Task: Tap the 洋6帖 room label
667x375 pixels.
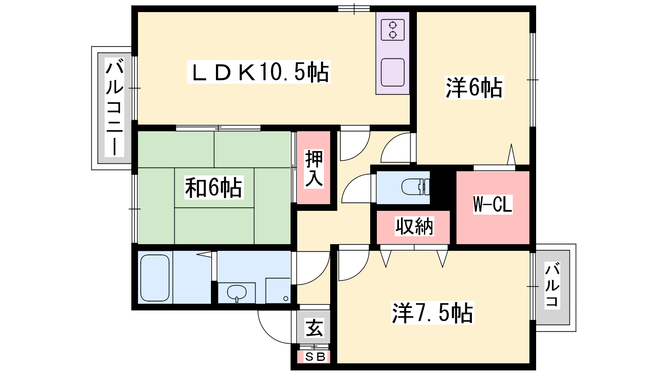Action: pyautogui.click(x=474, y=87)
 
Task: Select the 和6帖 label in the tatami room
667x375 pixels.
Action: pyautogui.click(x=213, y=187)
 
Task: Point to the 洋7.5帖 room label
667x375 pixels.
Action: pyautogui.click(x=432, y=312)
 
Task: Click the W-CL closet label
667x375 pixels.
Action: pyautogui.click(x=492, y=204)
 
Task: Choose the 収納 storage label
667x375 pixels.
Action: pyautogui.click(x=414, y=226)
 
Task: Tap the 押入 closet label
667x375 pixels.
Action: pyautogui.click(x=313, y=168)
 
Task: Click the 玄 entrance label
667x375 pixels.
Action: pyautogui.click(x=314, y=328)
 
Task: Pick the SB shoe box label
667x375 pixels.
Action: pyautogui.click(x=315, y=357)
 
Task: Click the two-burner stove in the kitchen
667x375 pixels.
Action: pyautogui.click(x=393, y=30)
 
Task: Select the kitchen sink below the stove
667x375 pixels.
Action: pyautogui.click(x=393, y=72)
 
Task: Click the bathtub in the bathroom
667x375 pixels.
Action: pyautogui.click(x=155, y=277)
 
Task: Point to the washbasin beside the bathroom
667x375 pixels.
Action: pyautogui.click(x=236, y=292)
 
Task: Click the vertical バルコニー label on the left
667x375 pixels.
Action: pyautogui.click(x=114, y=108)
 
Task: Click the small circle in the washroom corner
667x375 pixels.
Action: pyautogui.click(x=286, y=298)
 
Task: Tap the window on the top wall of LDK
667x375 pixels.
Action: pyautogui.click(x=354, y=8)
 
